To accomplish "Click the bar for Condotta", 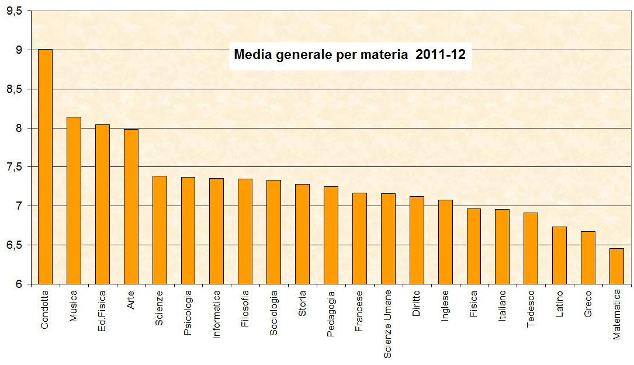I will [x=45, y=166].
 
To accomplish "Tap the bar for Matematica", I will [x=616, y=266].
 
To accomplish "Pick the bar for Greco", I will [x=588, y=258].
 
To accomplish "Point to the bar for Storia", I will [x=302, y=234].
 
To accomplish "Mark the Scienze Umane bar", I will [x=388, y=238].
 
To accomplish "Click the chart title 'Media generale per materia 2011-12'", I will [x=349, y=55].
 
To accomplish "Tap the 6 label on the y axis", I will [x=19, y=284].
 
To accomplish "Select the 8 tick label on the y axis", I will [x=19, y=128].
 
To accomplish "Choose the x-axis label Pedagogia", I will [x=331, y=311].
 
